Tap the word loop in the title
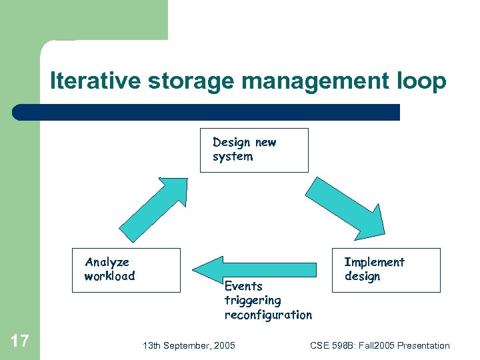tap(422, 81)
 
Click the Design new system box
tap(254, 150)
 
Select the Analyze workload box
tap(126, 270)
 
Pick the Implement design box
tap(386, 270)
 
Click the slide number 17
tap(20, 342)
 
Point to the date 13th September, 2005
tap(189, 345)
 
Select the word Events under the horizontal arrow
tap(243, 286)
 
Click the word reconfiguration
tap(268, 315)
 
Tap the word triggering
tap(253, 301)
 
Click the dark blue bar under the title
tap(207, 112)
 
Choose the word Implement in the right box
tap(374, 262)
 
